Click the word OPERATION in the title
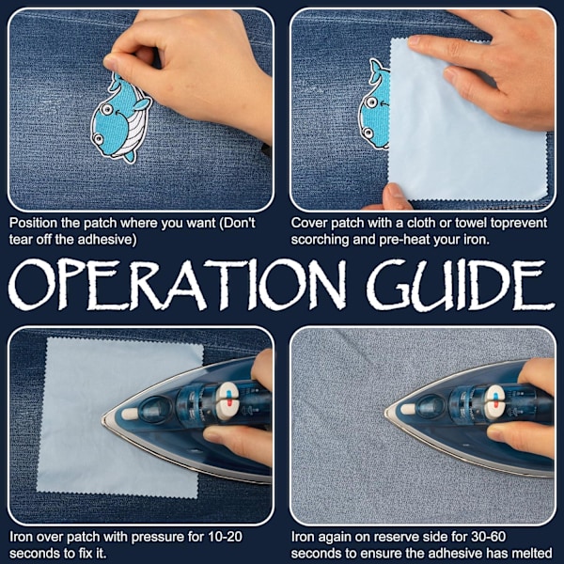177,284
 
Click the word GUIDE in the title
461,284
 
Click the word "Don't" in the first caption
237,223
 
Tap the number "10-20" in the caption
225,537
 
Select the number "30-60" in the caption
489,537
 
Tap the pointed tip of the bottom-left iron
103,419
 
